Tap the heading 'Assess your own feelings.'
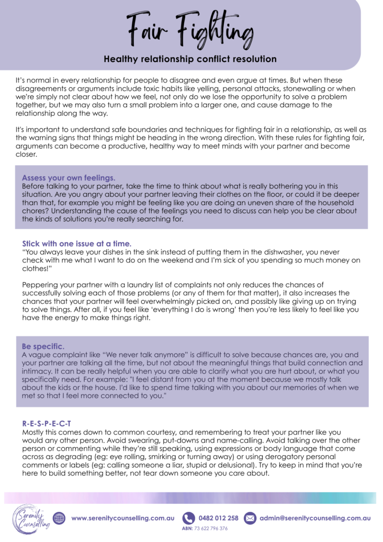pyautogui.click(x=69, y=178)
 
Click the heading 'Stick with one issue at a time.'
pyautogui.click(x=77, y=243)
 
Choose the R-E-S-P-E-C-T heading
pyautogui.click(x=47, y=424)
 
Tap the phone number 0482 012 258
pyautogui.click(x=218, y=518)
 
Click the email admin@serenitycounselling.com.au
pyautogui.click(x=315, y=518)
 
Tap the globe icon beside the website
pyautogui.click(x=59, y=518)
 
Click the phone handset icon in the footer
pyautogui.click(x=188, y=518)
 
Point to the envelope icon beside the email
pyautogui.click(x=250, y=518)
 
